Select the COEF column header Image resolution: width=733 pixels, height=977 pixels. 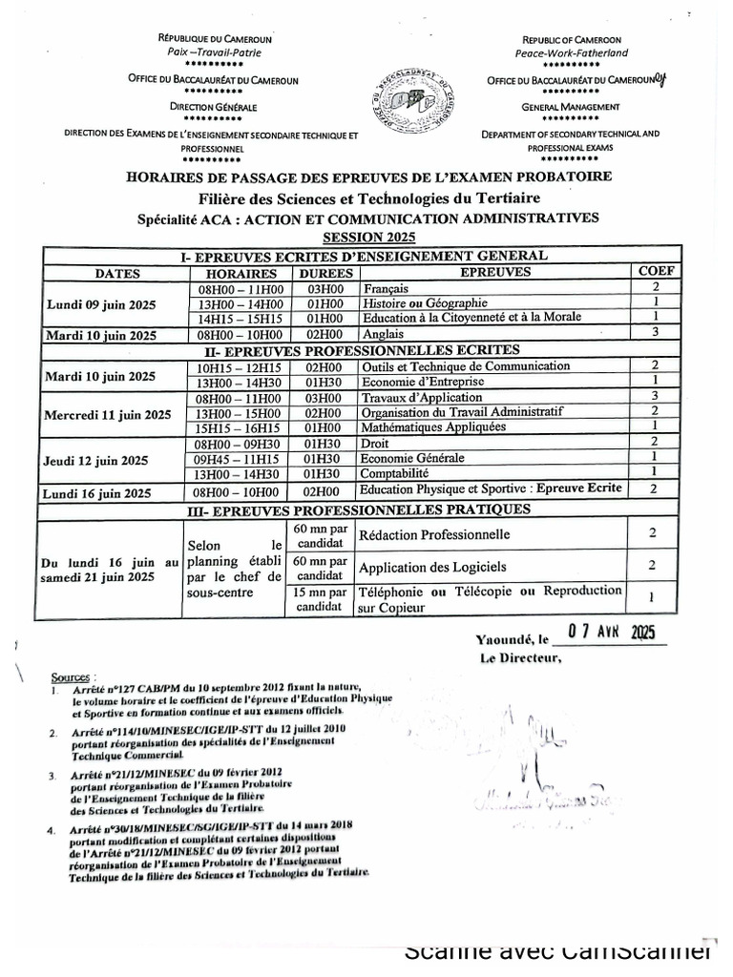[x=655, y=272]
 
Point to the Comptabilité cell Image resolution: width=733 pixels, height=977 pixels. [x=394, y=473]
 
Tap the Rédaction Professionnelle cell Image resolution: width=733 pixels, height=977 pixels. [x=434, y=534]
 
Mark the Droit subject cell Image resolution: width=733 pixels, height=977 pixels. [x=376, y=443]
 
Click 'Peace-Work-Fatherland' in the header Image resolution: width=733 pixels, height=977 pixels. [x=571, y=53]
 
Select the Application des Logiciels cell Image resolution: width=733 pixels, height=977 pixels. [x=432, y=568]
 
